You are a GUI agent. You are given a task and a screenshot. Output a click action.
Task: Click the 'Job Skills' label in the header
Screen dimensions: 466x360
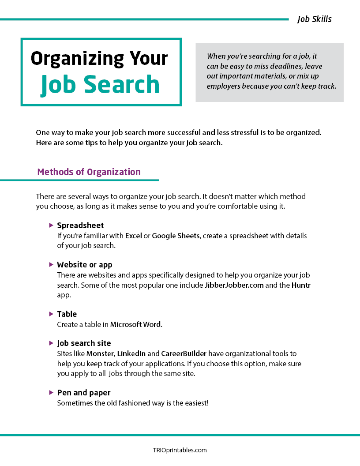click(314, 19)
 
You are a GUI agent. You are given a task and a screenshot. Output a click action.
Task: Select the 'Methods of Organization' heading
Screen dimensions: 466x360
click(89, 172)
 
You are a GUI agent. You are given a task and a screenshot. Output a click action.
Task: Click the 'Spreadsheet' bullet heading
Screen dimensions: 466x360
click(80, 225)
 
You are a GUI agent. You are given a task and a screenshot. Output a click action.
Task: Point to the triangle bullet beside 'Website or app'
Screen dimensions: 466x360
click(51, 265)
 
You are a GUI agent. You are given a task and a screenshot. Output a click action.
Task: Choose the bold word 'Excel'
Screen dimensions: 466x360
click(134, 236)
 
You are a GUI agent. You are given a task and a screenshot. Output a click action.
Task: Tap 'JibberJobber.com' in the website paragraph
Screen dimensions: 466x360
click(234, 285)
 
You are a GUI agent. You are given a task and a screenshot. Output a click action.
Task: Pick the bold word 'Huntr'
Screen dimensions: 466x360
click(301, 285)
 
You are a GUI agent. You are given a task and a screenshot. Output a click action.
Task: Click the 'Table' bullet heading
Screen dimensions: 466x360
click(67, 314)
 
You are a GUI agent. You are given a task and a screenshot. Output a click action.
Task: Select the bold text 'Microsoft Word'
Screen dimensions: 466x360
click(136, 325)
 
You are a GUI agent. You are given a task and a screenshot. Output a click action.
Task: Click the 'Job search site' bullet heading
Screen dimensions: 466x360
click(84, 343)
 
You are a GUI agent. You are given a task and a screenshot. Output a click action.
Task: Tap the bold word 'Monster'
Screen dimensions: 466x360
click(100, 354)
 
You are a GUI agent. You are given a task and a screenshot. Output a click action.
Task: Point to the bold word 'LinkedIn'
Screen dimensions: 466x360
click(131, 354)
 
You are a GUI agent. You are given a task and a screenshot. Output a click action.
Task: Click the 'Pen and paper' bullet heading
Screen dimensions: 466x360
click(84, 393)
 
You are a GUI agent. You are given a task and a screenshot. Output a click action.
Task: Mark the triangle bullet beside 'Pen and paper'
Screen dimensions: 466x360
click(51, 392)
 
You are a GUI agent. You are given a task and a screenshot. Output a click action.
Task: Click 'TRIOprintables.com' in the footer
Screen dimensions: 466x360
click(180, 451)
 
